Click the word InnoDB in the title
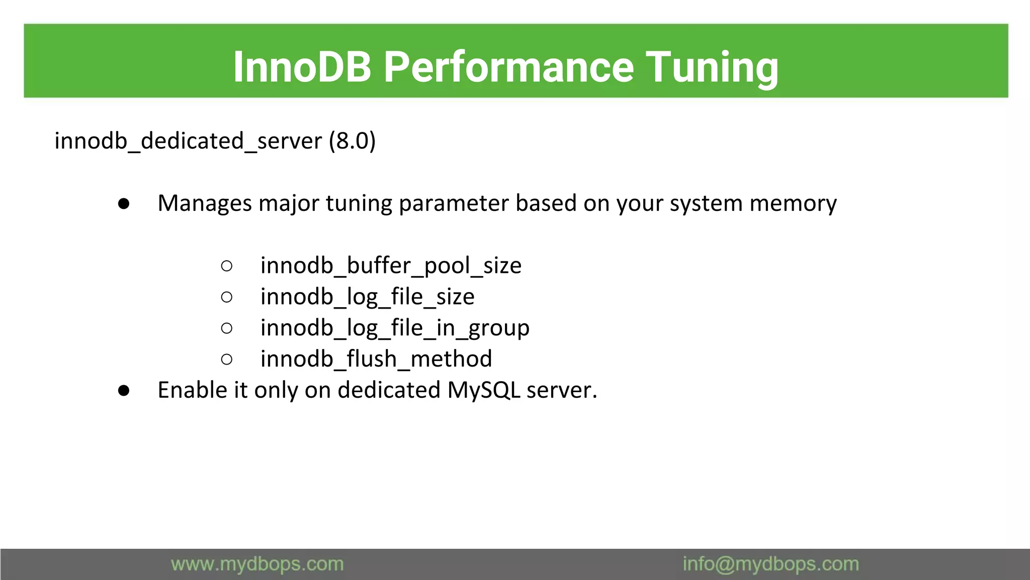(x=302, y=67)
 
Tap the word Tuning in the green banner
(x=712, y=67)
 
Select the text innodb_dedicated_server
(x=188, y=140)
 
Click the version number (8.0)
(x=352, y=140)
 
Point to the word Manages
(x=205, y=203)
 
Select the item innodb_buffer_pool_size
(x=391, y=265)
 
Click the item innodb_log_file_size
(x=367, y=297)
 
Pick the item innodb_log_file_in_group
(x=395, y=328)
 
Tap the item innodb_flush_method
(x=376, y=359)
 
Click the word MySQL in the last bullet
(x=483, y=390)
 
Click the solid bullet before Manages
(x=124, y=204)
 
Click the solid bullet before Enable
(x=124, y=391)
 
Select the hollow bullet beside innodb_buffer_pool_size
(x=227, y=266)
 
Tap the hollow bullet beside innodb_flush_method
(x=227, y=359)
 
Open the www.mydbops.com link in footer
(x=257, y=564)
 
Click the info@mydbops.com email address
(x=770, y=564)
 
